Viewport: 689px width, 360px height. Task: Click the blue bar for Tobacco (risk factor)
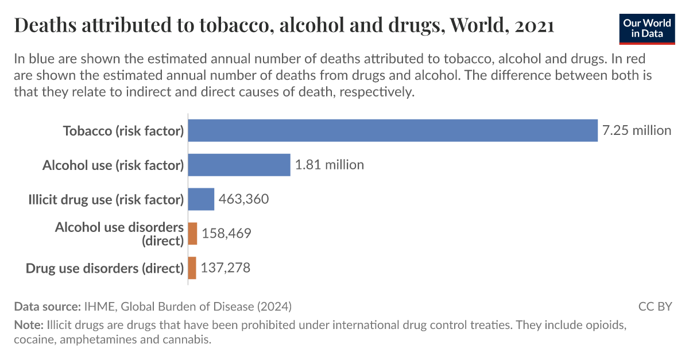(x=393, y=130)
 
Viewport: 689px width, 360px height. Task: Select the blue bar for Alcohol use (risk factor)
(x=239, y=165)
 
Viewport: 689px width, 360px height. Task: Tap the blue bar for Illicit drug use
(x=201, y=199)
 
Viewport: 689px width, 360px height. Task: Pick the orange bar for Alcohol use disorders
(x=192, y=234)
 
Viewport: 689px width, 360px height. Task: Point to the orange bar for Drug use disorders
(x=192, y=268)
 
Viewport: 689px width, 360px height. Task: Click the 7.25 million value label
(x=636, y=130)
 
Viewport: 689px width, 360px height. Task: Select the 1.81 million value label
(x=330, y=165)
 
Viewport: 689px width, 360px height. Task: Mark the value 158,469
(x=226, y=234)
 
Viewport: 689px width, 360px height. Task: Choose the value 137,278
(x=226, y=268)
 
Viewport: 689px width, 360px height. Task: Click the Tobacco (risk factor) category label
(x=123, y=131)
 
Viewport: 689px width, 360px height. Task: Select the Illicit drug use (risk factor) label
(x=106, y=200)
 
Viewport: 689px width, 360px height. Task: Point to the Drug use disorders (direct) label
(x=105, y=268)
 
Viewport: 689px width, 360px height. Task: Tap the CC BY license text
(x=655, y=306)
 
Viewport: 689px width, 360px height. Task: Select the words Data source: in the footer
(x=47, y=306)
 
